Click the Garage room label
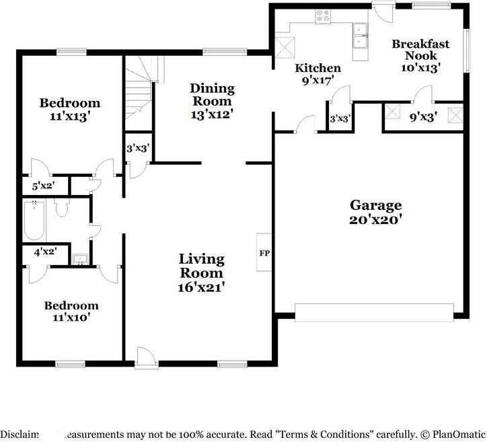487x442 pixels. pos(375,205)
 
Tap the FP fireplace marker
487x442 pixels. pos(264,253)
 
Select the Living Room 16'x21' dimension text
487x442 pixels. pos(201,287)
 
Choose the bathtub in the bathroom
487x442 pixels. pos(34,219)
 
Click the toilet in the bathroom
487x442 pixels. pos(62,208)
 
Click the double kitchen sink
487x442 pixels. pos(359,36)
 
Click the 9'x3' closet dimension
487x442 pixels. pos(424,116)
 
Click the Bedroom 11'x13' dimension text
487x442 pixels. pos(69,116)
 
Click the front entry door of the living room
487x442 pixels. pos(145,358)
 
